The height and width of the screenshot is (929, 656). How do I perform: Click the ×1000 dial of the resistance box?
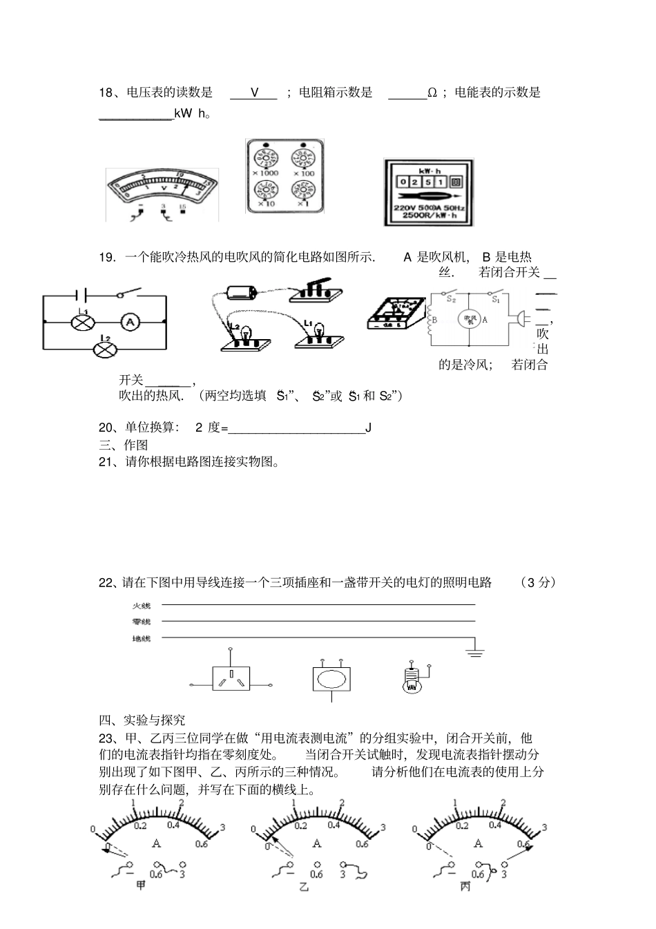[265, 157]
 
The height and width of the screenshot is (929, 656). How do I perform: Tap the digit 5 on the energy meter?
[427, 182]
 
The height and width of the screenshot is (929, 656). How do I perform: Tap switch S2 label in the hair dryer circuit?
[452, 298]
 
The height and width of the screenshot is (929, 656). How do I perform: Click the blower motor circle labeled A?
[470, 319]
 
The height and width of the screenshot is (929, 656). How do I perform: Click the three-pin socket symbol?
[231, 680]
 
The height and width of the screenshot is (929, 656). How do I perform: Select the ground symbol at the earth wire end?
[475, 651]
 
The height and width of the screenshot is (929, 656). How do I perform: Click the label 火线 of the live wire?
[142, 606]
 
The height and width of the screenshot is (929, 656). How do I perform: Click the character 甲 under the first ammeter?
[141, 885]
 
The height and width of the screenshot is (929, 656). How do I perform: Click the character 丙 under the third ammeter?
[465, 885]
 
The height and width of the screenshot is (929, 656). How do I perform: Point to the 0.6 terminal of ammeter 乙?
[316, 863]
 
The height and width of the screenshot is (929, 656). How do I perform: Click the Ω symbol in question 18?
[432, 93]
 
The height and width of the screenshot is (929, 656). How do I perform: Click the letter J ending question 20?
[369, 428]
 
